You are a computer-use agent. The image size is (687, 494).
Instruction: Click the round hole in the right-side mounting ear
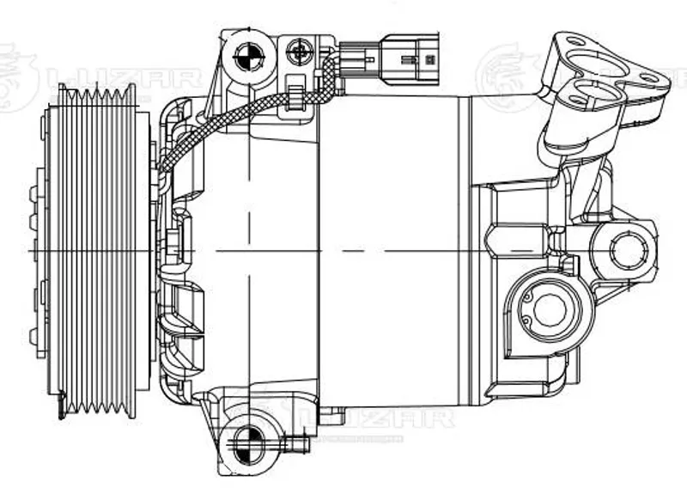click(627, 249)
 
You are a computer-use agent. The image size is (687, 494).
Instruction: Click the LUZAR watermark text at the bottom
click(386, 418)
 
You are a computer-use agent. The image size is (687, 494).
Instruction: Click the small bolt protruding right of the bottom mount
click(298, 444)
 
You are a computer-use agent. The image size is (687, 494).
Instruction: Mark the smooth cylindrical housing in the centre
click(386, 249)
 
